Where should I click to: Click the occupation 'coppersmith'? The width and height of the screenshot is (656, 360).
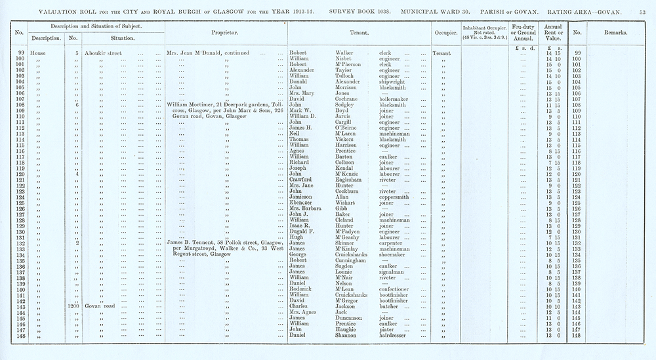[x=398, y=197]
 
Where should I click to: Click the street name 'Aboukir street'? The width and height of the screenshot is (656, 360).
[x=108, y=52]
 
